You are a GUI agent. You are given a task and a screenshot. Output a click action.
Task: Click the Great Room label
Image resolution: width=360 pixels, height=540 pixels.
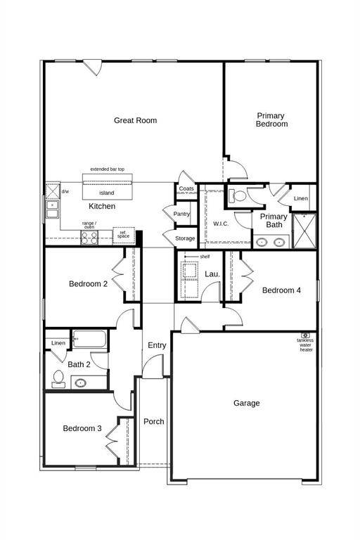pyautogui.click(x=136, y=120)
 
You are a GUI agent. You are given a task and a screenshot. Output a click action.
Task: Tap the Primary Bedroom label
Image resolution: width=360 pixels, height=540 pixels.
pyautogui.click(x=271, y=120)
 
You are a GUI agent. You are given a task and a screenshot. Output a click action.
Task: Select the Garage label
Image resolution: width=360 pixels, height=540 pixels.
pyautogui.click(x=247, y=403)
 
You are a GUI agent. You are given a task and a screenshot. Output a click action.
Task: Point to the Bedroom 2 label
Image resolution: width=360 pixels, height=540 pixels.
pyautogui.click(x=88, y=284)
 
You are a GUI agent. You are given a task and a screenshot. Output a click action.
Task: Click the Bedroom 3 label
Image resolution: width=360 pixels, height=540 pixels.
pyautogui.click(x=82, y=428)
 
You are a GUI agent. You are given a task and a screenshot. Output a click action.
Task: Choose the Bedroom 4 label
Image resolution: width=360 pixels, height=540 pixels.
pyautogui.click(x=282, y=290)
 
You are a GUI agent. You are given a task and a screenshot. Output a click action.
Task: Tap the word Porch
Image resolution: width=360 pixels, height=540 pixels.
pyautogui.click(x=154, y=421)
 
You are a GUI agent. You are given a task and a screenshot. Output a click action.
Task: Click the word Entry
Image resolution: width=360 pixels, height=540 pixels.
pyautogui.click(x=157, y=345)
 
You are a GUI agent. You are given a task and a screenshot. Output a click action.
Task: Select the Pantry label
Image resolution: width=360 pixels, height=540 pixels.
pyautogui.click(x=181, y=214)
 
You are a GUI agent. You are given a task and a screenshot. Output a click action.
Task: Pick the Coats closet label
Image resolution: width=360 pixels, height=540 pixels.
pyautogui.click(x=186, y=188)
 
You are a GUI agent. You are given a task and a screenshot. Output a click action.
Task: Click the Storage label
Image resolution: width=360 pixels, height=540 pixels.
pyautogui.click(x=185, y=238)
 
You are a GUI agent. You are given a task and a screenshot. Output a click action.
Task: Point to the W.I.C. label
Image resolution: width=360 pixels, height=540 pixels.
pyautogui.click(x=222, y=224)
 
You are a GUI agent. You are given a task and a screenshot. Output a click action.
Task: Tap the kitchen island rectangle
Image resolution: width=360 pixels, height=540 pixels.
pyautogui.click(x=107, y=192)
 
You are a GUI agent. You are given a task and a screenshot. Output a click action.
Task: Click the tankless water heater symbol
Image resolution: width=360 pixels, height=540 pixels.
pyautogui.click(x=305, y=335)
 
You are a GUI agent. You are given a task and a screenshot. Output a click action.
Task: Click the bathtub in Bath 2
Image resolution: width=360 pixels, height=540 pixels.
pyautogui.click(x=89, y=340)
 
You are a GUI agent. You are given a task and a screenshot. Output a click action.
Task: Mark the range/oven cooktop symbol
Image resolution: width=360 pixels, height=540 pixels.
pyautogui.click(x=89, y=237)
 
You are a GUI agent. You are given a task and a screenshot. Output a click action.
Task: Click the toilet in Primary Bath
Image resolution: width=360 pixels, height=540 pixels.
pyautogui.click(x=238, y=196)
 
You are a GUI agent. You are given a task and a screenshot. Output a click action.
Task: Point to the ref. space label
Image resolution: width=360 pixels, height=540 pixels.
pyautogui.click(x=123, y=234)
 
